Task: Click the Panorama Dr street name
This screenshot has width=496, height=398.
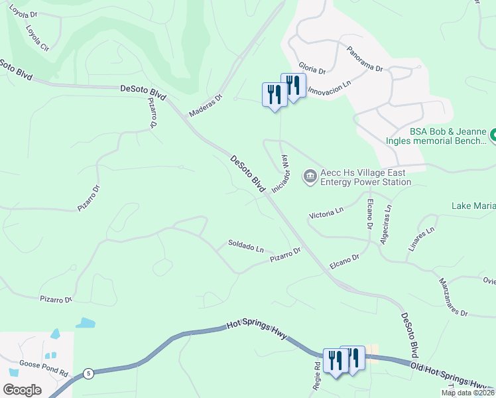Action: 365,59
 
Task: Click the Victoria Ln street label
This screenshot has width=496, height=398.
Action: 326,213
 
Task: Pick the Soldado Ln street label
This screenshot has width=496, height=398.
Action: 246,247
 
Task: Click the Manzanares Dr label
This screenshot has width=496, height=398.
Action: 453,295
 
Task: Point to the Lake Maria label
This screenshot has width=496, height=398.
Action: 473,206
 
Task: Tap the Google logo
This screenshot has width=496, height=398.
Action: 22,389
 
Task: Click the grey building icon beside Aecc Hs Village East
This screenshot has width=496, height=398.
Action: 310,176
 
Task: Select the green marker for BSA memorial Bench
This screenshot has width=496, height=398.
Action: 493,137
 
